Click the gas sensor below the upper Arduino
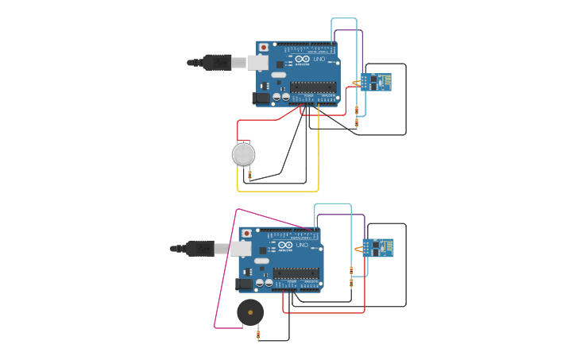(x=243, y=154)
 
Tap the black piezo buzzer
(x=250, y=312)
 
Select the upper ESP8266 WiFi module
(x=375, y=82)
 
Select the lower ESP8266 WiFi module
(x=378, y=248)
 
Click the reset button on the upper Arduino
(x=263, y=48)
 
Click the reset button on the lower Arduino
(x=246, y=234)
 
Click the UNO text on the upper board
(x=318, y=60)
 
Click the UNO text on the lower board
(x=301, y=246)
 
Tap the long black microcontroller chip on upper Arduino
(x=314, y=87)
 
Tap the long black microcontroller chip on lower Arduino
(x=296, y=273)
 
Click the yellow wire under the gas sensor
(x=278, y=191)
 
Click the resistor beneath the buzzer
(x=257, y=334)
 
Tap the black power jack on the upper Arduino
(x=261, y=98)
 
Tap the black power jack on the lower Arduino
(x=243, y=284)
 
